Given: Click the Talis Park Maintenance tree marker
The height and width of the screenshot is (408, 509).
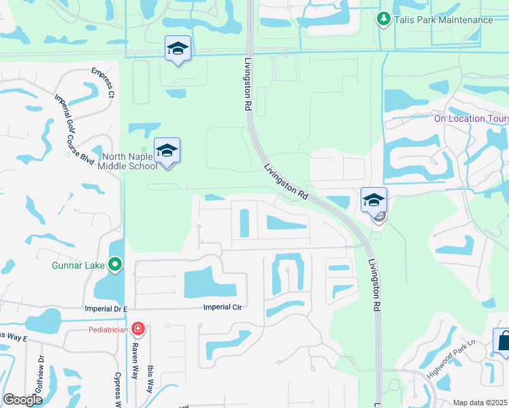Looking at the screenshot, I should [x=383, y=19].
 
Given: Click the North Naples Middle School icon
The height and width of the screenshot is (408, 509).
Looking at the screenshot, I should [x=167, y=151].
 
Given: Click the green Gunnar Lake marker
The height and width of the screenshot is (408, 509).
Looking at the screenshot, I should [x=115, y=264].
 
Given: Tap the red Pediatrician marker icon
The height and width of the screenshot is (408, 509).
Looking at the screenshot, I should [x=138, y=330].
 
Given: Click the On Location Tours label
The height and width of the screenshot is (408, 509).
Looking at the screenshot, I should [x=472, y=118].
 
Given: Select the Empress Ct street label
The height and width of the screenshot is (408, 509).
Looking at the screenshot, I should [x=102, y=82].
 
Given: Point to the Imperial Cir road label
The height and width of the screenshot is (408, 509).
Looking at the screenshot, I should [x=223, y=307].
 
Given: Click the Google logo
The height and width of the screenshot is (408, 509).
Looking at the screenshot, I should [x=22, y=400].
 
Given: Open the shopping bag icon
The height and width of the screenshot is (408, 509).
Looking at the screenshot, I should [x=503, y=340].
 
